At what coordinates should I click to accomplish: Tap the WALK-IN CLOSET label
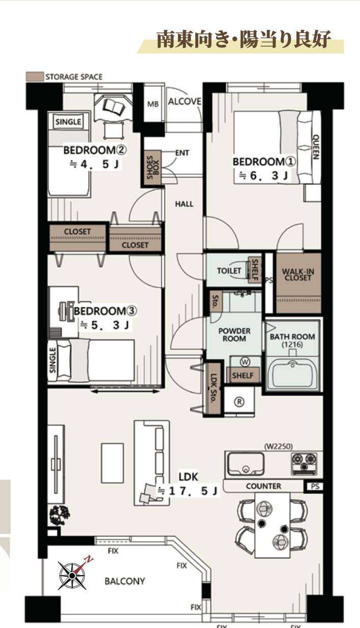coord(298,274)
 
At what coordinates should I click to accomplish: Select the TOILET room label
coord(229,270)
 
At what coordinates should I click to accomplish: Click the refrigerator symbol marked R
coord(239,402)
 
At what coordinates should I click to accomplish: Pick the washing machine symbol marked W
coord(245,362)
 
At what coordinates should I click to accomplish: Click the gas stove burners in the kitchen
coord(304,463)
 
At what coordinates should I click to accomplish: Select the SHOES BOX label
coord(153,168)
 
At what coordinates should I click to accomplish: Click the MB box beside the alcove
coord(153,104)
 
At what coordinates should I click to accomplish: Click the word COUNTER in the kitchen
coord(263,486)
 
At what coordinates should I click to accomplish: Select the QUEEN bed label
coord(316,147)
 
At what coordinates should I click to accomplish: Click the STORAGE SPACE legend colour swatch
coord(35,77)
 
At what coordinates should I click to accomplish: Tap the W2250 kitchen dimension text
coord(279,446)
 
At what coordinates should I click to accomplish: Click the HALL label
coord(184,204)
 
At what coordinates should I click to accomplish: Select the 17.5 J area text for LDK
coord(188,491)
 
